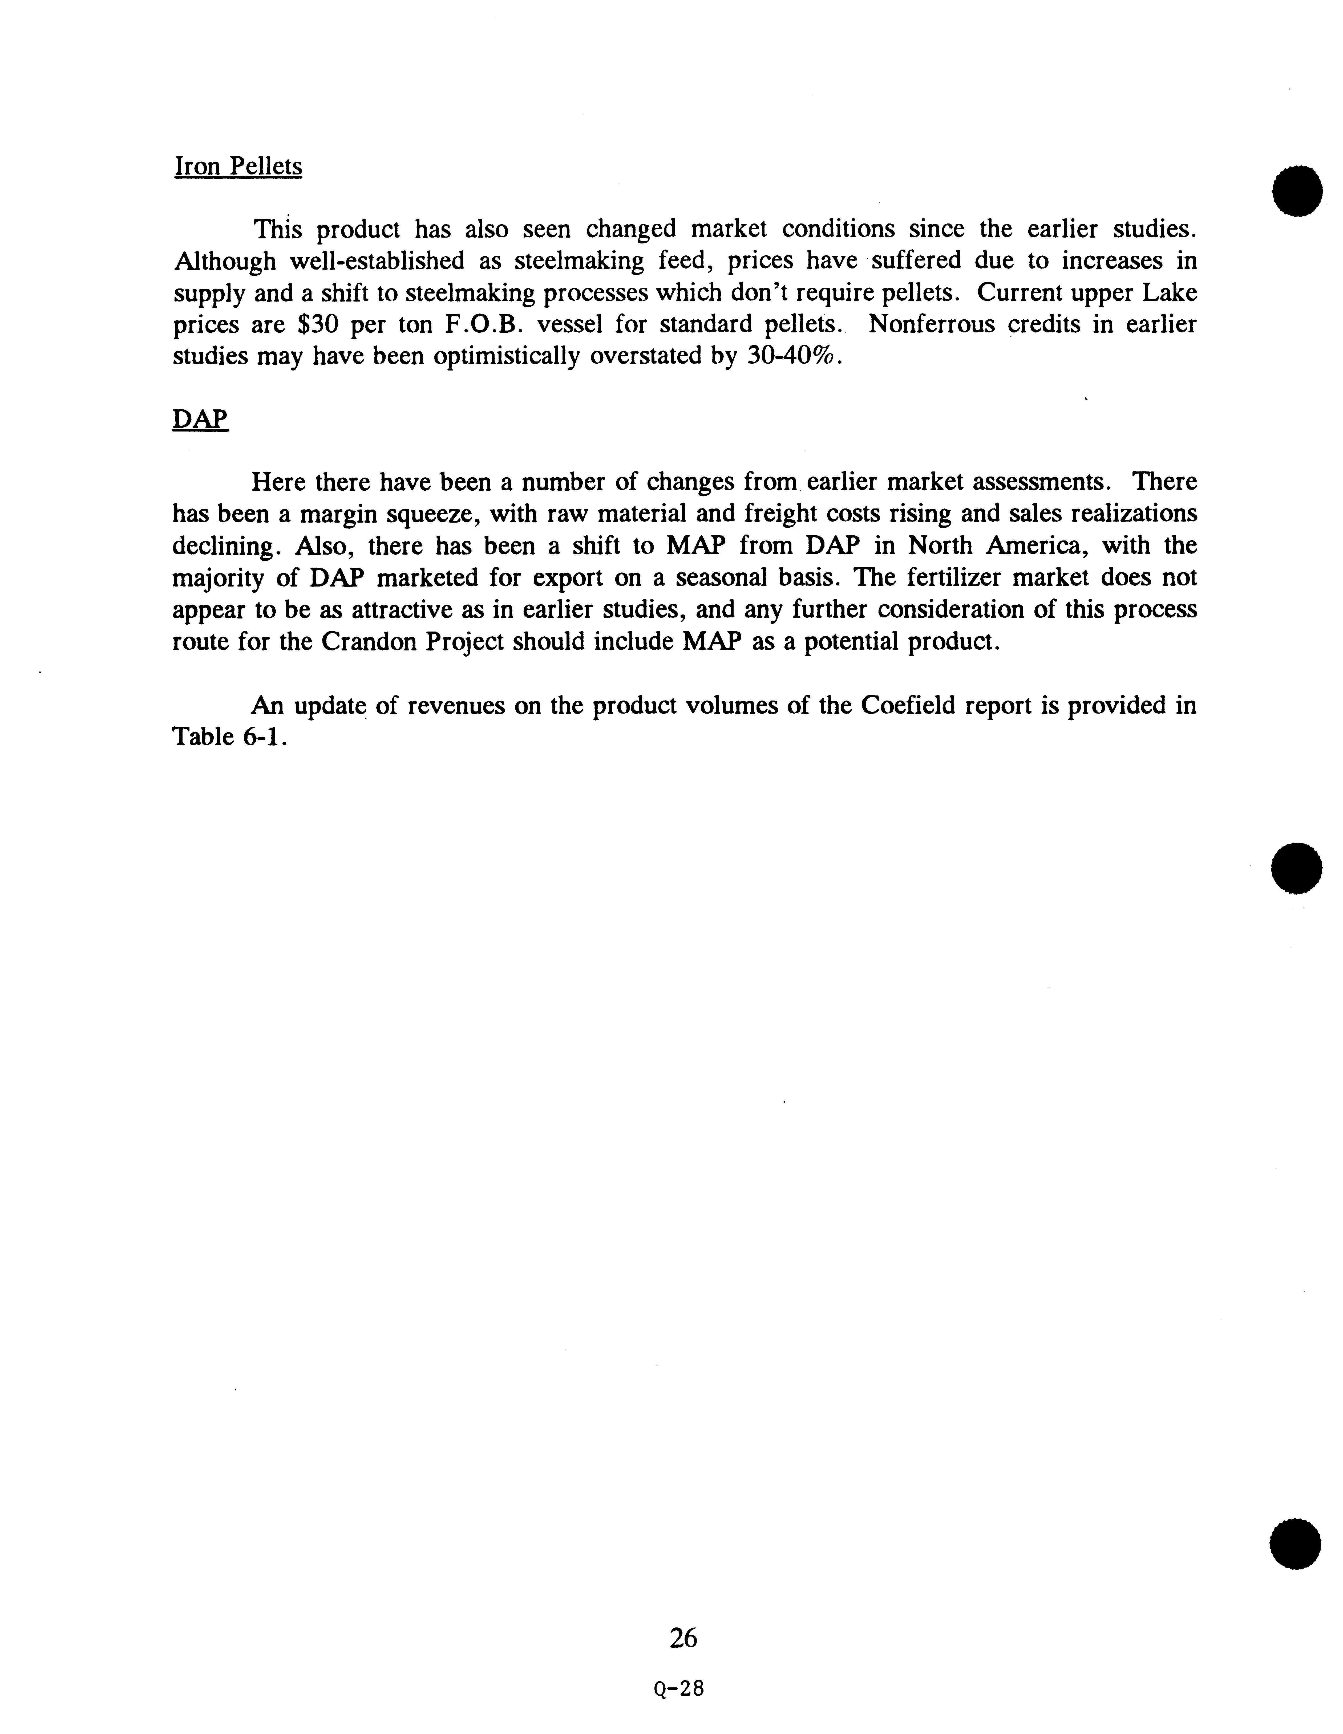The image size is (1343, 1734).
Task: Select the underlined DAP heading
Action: click(200, 419)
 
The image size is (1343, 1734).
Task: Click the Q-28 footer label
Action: click(679, 1689)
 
